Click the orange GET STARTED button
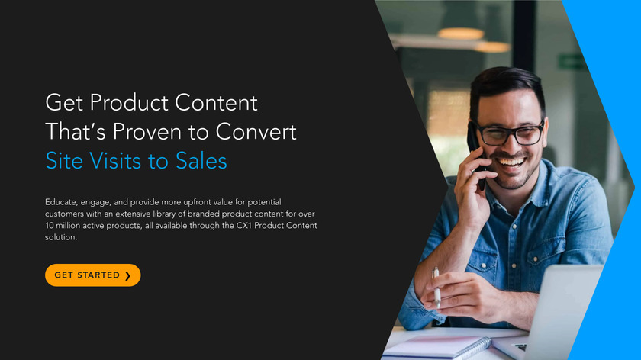pos(93,275)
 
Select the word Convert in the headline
pos(256,132)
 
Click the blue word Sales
pos(201,161)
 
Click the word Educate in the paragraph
pos(60,202)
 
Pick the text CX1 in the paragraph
pos(244,226)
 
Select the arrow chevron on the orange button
pos(127,276)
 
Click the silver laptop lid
pos(566,310)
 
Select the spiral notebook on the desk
pos(437,347)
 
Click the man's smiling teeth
pos(511,162)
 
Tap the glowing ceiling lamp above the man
pos(461,34)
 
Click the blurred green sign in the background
pos(572,62)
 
